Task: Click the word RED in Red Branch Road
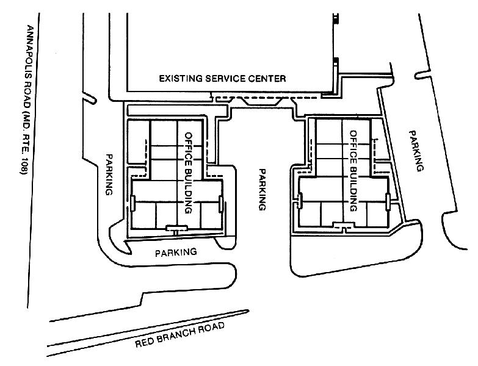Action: click(x=144, y=342)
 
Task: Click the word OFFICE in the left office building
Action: click(x=189, y=148)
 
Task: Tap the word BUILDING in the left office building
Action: click(x=189, y=190)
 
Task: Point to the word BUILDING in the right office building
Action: click(x=353, y=186)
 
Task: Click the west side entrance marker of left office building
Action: click(x=132, y=203)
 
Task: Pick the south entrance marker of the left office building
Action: click(x=175, y=228)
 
